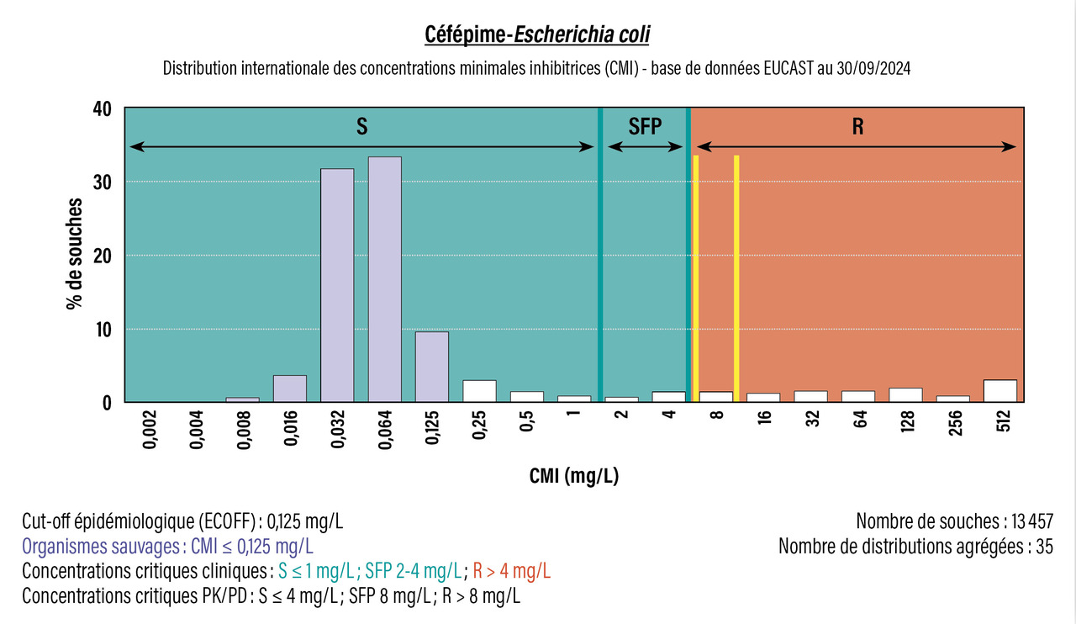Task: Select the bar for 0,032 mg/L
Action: [337, 285]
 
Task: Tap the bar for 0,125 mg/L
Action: [432, 367]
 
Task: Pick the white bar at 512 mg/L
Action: [1000, 391]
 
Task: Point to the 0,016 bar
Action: [289, 389]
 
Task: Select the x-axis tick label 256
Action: [954, 424]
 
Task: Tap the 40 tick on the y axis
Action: [103, 108]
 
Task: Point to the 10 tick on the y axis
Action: [103, 329]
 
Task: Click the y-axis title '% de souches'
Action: [76, 254]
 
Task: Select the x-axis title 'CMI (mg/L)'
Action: [574, 476]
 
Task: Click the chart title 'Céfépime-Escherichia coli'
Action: [537, 35]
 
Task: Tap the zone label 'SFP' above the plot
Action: [646, 127]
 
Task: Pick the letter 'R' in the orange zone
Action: [857, 127]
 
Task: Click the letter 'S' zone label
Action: [361, 127]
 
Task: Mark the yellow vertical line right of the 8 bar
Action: [736, 273]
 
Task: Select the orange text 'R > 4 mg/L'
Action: [512, 571]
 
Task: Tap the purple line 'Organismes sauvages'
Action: [168, 546]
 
